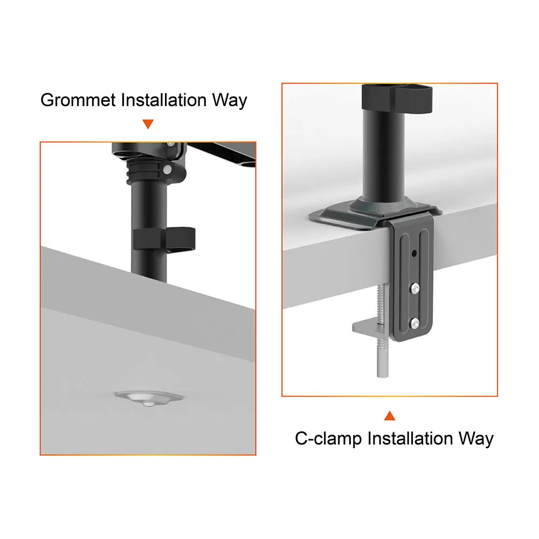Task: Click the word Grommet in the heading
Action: [x=78, y=100]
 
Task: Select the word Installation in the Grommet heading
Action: [x=164, y=100]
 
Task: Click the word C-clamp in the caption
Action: [x=328, y=438]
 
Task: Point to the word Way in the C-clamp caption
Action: [x=476, y=438]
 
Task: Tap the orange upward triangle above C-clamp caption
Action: [x=390, y=416]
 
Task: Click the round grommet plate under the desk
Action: [x=148, y=398]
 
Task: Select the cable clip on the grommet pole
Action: [x=163, y=238]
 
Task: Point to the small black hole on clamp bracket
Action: [x=414, y=253]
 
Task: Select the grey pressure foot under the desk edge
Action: [x=367, y=327]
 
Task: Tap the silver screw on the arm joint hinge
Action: [x=169, y=170]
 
